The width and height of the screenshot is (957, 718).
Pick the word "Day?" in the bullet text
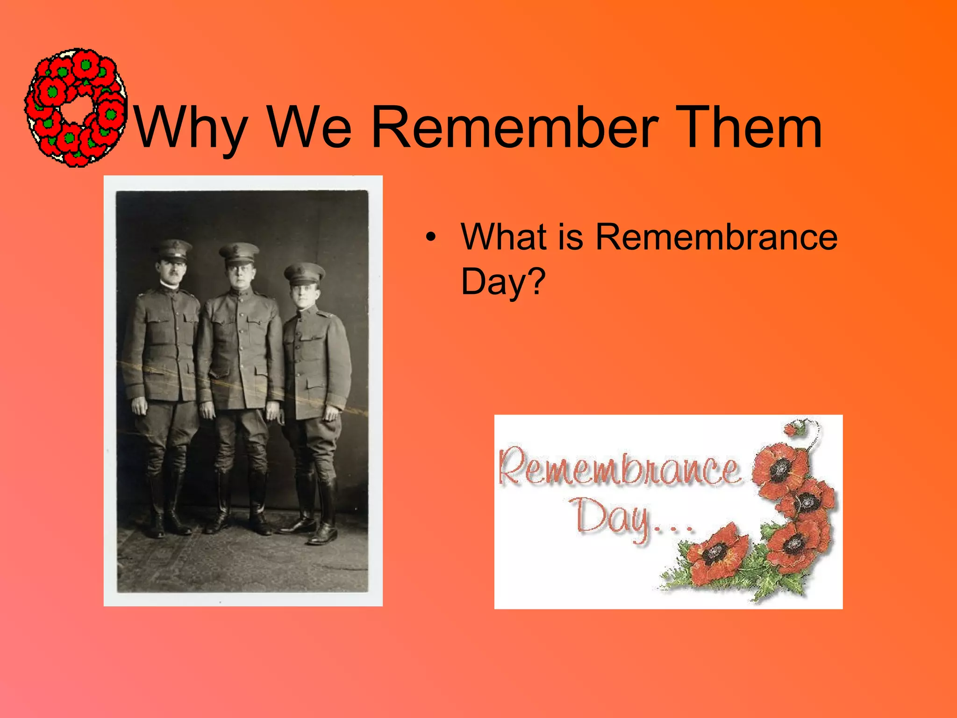pos(503,281)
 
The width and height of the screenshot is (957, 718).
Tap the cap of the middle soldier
pos(239,253)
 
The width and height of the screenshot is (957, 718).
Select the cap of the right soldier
pos(304,273)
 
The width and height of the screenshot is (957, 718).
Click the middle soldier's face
pos(240,275)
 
